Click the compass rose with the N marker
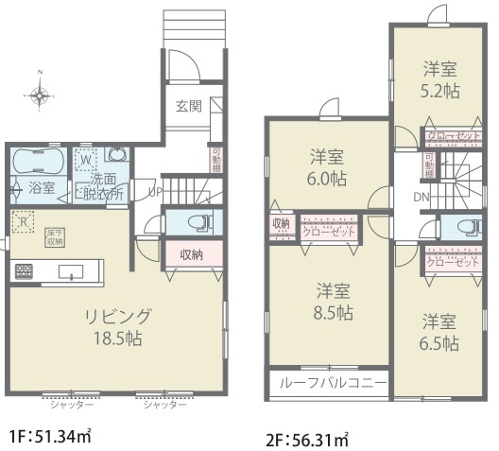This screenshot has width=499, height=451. pyautogui.click(x=40, y=94)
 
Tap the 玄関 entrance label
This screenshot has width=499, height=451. pyautogui.click(x=187, y=106)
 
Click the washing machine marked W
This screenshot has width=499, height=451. pyautogui.click(x=87, y=159)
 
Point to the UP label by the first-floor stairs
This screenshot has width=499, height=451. pyautogui.click(x=155, y=191)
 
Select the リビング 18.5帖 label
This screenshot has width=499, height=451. pyautogui.click(x=118, y=324)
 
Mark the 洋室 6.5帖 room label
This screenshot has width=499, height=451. pyautogui.click(x=440, y=332)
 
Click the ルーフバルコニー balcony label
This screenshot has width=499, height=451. pyautogui.click(x=328, y=383)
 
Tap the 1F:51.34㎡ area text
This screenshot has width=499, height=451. pyautogui.click(x=49, y=436)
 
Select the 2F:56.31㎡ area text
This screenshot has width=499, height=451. pyautogui.click(x=307, y=440)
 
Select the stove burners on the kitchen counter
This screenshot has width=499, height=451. pyautogui.click(x=23, y=272)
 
